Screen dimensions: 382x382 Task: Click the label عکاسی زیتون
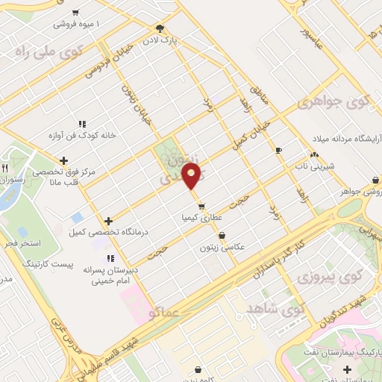click(222, 247)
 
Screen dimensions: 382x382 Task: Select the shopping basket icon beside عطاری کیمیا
click(200, 207)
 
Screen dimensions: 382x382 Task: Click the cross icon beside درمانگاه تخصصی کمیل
click(109, 221)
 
